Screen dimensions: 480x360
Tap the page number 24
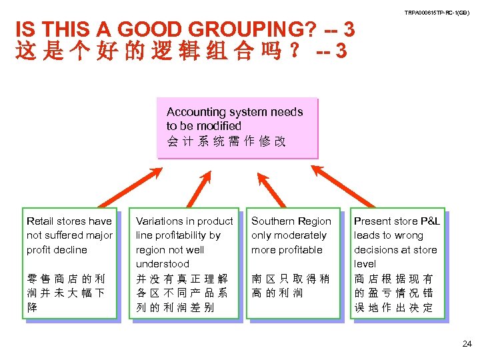(467, 344)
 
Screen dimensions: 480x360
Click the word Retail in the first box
(39, 221)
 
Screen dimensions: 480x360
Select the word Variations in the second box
(159, 221)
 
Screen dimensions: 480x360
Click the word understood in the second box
(162, 264)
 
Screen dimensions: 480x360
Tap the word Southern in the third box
(271, 221)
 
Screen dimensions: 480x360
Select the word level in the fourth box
(365, 264)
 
